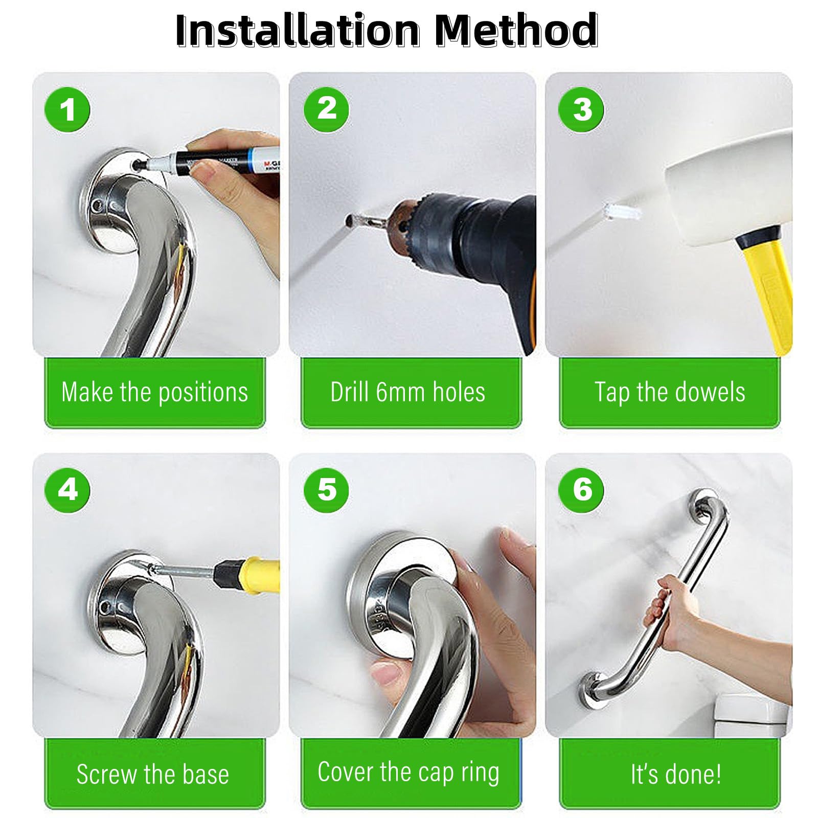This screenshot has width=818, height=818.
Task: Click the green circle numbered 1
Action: coord(67,110)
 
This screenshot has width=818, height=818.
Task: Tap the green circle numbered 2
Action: coord(327,109)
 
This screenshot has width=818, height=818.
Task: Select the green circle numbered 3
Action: coord(581,109)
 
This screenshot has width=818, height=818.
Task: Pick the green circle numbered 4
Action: coord(67,489)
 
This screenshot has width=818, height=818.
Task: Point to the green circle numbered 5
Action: coord(327,489)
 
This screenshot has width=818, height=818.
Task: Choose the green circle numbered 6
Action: coord(581,489)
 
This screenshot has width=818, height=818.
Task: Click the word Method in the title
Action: coord(516,30)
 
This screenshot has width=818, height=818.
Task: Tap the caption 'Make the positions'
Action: coord(154,393)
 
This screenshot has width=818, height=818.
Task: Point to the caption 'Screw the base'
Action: coord(153,774)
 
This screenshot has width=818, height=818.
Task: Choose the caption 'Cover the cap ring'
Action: coord(408,772)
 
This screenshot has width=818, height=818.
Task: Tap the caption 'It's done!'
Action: coord(676,774)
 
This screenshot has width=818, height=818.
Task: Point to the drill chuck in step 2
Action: coord(409,225)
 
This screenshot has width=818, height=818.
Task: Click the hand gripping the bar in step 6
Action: coord(670,613)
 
